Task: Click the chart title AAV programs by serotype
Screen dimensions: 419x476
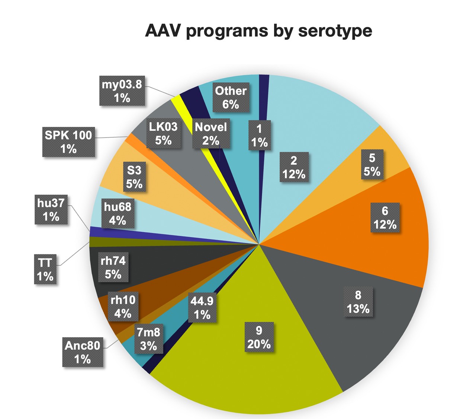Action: (258, 31)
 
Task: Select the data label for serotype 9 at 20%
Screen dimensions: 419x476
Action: (259, 337)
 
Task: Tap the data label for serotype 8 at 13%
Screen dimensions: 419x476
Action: (358, 302)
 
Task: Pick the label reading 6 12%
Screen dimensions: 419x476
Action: (385, 218)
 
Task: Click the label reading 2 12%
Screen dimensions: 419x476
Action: (294, 167)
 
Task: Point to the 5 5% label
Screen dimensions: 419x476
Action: (372, 165)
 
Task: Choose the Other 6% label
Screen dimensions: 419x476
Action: (231, 97)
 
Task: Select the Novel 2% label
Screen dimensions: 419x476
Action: (211, 134)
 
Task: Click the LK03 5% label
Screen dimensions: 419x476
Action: (163, 134)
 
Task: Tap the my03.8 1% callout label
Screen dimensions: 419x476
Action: (122, 91)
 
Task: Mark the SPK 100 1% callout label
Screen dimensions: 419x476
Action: (68, 142)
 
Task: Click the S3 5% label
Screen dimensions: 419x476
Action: (134, 177)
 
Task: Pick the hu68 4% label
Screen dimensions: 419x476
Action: (118, 213)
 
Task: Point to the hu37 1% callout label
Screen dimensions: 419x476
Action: (51, 209)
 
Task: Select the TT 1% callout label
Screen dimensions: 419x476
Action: (45, 270)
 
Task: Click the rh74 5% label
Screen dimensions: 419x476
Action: (113, 267)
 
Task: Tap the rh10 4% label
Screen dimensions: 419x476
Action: (123, 307)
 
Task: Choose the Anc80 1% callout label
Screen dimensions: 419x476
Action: (83, 352)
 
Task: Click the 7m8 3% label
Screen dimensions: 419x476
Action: (148, 339)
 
